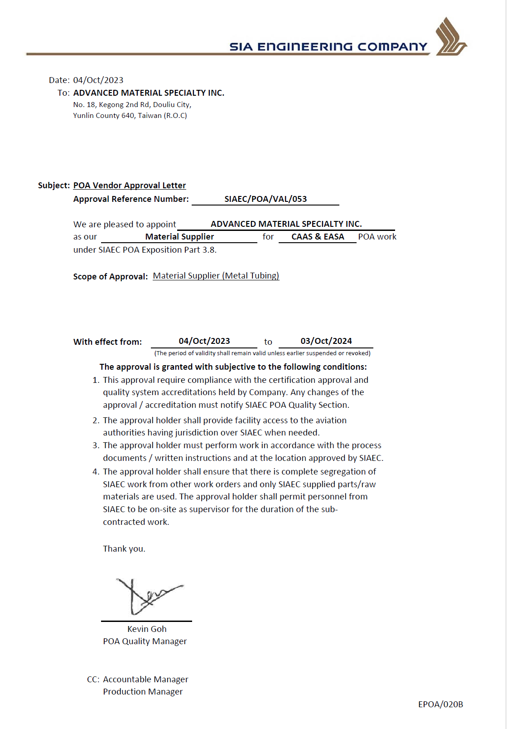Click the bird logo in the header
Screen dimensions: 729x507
[x=450, y=37]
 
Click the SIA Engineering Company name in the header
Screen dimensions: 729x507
[x=328, y=47]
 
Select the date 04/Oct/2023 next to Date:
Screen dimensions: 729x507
[x=98, y=80]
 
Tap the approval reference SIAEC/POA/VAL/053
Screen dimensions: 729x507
[x=266, y=199]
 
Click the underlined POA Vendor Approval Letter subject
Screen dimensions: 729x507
[x=130, y=186]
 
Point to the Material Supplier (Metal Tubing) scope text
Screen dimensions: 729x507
[x=216, y=276]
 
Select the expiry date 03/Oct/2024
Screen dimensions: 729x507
[x=326, y=341]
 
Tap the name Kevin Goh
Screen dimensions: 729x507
[x=147, y=629]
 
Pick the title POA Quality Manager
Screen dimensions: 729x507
[x=145, y=641]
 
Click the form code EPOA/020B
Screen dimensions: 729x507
[x=440, y=705]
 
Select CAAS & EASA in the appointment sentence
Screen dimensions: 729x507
[x=318, y=237]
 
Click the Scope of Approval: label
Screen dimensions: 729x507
[x=111, y=277]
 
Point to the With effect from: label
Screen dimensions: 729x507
[x=107, y=342]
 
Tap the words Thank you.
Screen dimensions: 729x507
[x=124, y=549]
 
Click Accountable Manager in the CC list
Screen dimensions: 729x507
[x=145, y=680]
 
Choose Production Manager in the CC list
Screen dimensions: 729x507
[x=143, y=692]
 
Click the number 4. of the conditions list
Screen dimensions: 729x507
[x=96, y=472]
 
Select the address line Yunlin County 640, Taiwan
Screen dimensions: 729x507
[x=130, y=116]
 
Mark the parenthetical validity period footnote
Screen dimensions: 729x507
[x=262, y=353]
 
